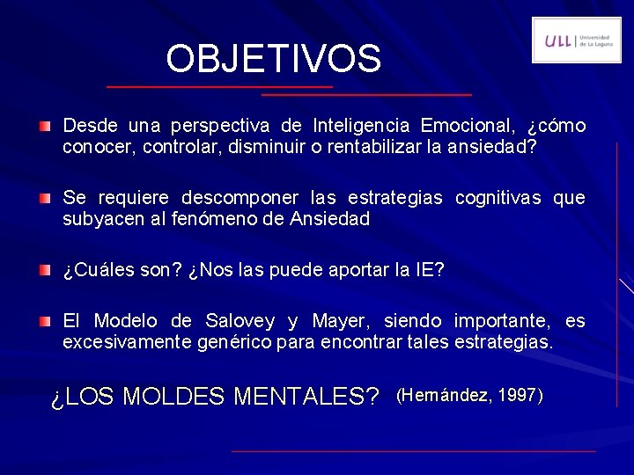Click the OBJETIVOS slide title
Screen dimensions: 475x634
coord(274,59)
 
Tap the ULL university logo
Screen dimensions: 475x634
coord(576,40)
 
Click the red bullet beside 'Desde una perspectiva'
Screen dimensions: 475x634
coord(44,127)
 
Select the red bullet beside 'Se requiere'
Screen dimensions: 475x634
coord(44,199)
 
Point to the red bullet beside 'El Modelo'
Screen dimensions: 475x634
coord(44,322)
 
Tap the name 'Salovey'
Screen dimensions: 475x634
coord(240,321)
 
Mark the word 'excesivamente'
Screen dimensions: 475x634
coord(124,341)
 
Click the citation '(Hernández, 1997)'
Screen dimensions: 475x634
coord(470,395)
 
